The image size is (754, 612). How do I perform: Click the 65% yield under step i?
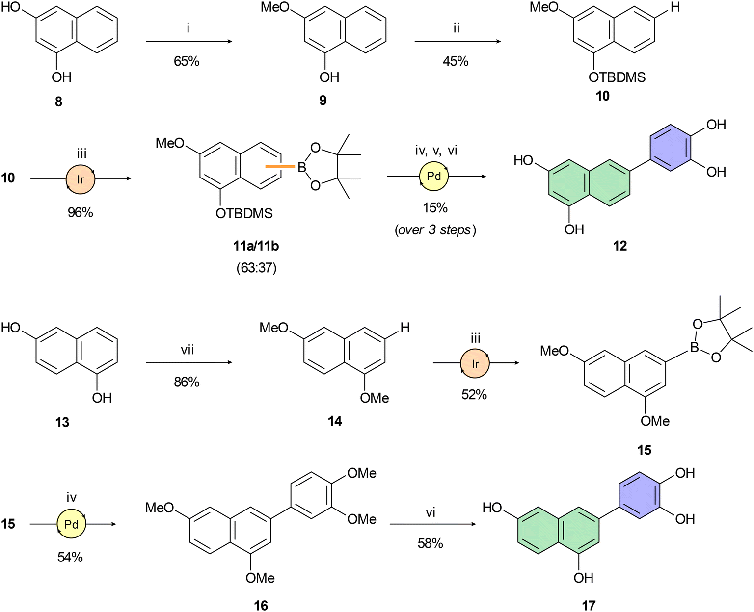point(187,61)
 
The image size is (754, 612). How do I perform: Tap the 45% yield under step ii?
point(456,61)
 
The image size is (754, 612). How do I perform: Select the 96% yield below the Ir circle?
point(81,212)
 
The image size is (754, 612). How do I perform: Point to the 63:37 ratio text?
point(257,268)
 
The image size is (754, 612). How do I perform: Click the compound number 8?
point(58,102)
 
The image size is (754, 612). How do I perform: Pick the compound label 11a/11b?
point(256,246)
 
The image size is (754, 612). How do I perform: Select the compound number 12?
point(620,246)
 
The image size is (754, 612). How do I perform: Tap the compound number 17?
point(589,606)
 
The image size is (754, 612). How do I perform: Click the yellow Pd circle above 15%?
point(433,176)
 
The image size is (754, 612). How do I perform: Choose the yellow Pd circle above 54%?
point(71,524)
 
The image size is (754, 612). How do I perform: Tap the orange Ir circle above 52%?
point(474,363)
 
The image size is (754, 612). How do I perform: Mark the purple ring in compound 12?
point(671,148)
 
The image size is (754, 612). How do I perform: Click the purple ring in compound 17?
point(640,495)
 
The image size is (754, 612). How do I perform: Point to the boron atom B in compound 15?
point(695,347)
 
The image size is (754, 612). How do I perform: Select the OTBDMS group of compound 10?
point(617,77)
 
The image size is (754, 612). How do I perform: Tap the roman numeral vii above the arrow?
point(187,350)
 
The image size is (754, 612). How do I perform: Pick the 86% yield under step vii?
point(187,382)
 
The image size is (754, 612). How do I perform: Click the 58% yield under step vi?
point(430,543)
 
